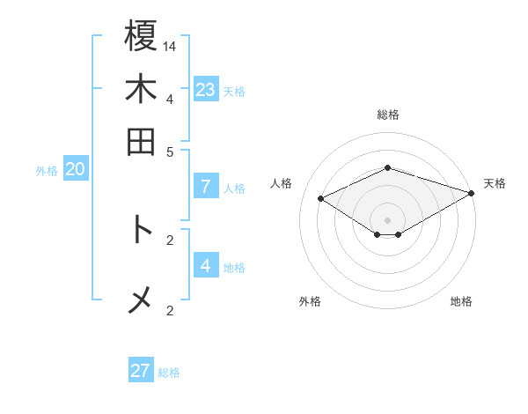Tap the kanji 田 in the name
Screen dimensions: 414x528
coord(141,142)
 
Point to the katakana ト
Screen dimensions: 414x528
coord(141,230)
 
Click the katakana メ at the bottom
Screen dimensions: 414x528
coord(141,301)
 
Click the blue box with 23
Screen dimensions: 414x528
coord(206,89)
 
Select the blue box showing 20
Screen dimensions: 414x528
coord(75,169)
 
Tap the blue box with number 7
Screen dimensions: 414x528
coord(206,186)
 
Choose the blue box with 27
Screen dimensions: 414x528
coord(141,371)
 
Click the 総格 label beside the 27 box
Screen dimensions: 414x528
coord(170,373)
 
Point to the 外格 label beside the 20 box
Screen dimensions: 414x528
coord(47,171)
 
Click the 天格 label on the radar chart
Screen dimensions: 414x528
coord(495,183)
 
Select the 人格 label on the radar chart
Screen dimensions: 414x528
coord(281,183)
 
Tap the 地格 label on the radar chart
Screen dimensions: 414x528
coord(461,301)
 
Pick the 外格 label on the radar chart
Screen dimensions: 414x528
coord(310,301)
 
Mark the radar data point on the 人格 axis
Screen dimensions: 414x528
coord(321,198)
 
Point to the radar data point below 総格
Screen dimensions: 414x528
coord(388,167)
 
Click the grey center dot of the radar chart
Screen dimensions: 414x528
coord(388,219)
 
